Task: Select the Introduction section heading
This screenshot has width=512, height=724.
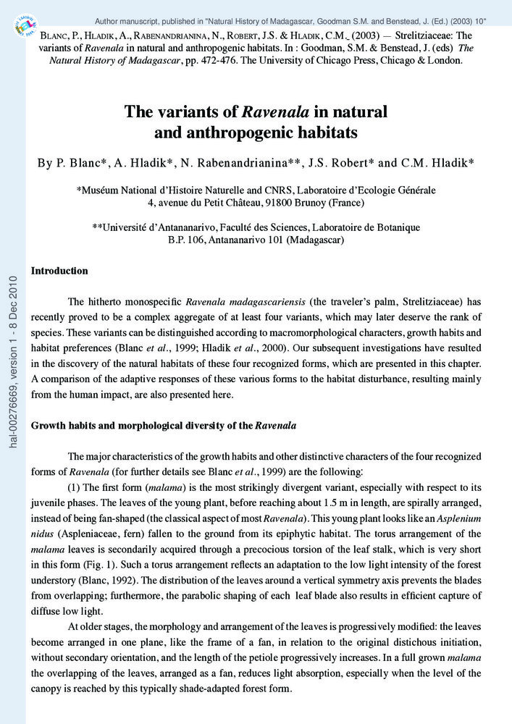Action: pos(59,271)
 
